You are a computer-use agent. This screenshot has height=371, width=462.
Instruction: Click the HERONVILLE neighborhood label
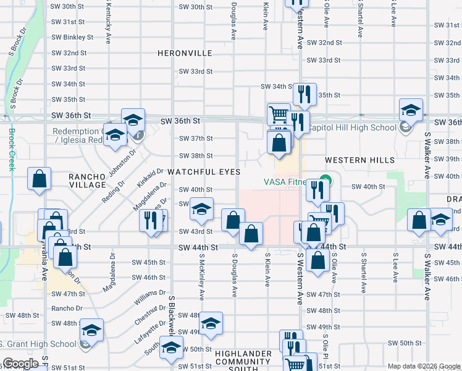185,54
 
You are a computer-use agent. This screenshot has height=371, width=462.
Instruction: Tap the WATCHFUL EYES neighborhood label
203,171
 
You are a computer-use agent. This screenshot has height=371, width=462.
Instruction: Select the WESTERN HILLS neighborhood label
363,160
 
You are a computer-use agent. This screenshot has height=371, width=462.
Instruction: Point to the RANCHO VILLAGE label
87,181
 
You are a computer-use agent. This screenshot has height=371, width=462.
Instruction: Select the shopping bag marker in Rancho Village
40,179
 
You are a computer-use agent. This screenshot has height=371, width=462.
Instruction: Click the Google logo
20,363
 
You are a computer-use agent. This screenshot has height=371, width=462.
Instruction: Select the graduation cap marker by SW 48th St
211,324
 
